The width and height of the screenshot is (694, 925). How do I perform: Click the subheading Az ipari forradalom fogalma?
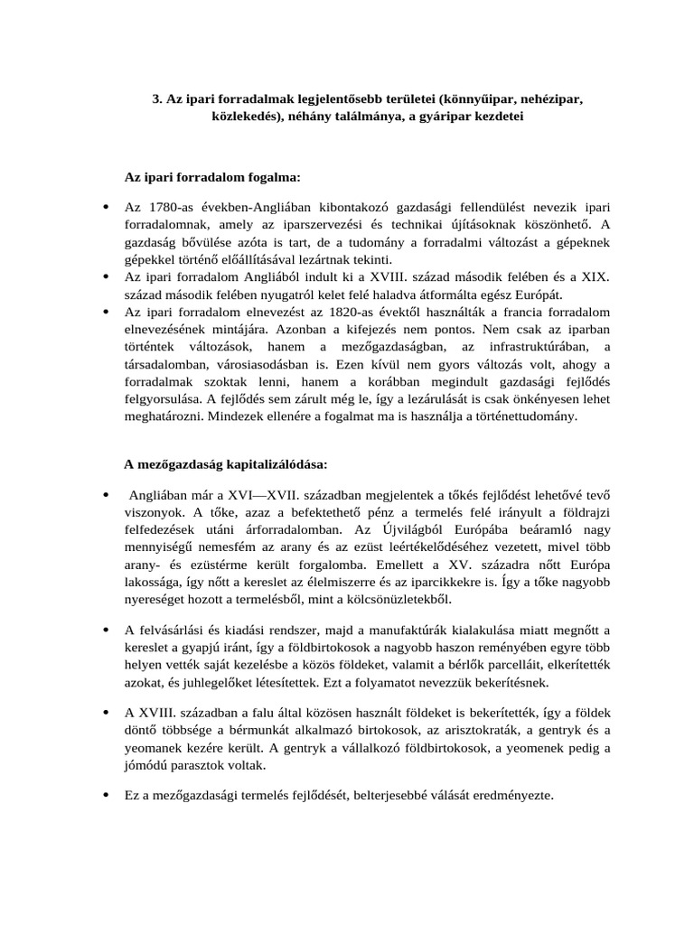pyautogui.click(x=211, y=176)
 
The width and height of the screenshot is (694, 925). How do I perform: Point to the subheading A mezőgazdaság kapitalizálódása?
pyautogui.click(x=226, y=464)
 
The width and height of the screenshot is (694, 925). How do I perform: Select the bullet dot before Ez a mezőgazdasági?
pyautogui.click(x=106, y=795)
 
